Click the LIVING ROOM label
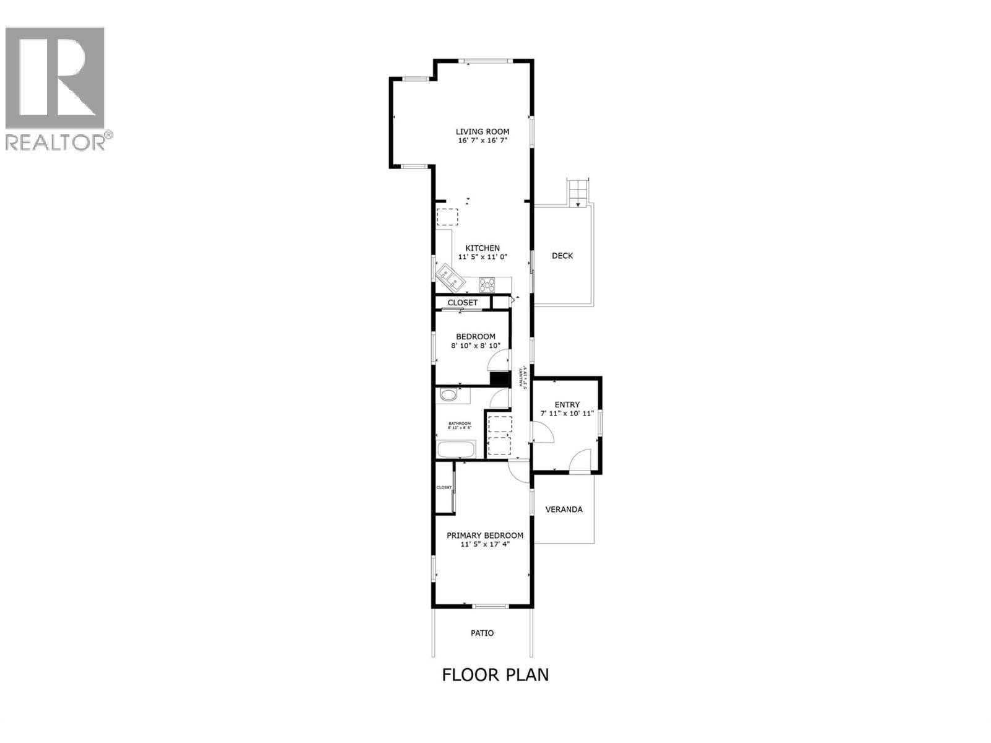pos(482,131)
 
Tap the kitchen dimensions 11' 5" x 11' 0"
pos(482,256)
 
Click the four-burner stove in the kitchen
pos(487,285)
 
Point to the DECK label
pos(562,256)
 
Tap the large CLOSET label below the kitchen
pos(463,303)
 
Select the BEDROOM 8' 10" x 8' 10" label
pos(476,341)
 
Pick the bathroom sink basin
pos(448,396)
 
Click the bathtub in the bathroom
pos(456,450)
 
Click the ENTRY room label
pos(567,405)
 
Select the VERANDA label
pos(564,510)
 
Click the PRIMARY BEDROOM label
pos(485,536)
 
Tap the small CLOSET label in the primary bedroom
pos(444,487)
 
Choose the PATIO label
pos(482,633)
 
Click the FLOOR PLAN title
pos(495,674)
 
